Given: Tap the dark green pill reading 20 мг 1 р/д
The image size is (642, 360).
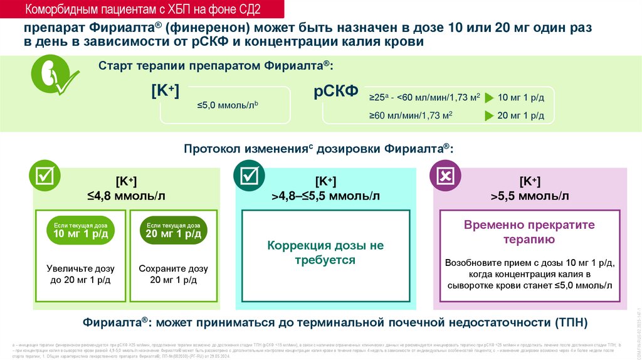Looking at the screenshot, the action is click(x=174, y=231).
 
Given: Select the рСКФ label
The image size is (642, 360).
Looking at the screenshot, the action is click(x=335, y=92).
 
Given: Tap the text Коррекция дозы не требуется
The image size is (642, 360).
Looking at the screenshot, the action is click(x=325, y=253).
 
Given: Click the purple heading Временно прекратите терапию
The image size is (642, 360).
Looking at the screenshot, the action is click(x=529, y=232).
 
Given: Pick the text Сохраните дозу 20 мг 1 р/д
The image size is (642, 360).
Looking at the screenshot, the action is click(x=174, y=274).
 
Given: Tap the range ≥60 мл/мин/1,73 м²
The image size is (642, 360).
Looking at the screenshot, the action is click(x=411, y=116).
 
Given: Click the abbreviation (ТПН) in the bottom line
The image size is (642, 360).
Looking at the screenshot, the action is click(x=571, y=323).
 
